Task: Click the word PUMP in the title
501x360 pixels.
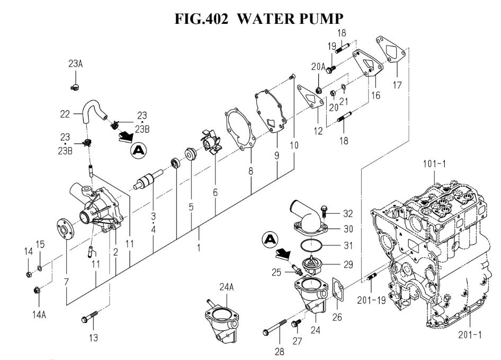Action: click(x=321, y=19)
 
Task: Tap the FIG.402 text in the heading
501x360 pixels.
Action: click(x=202, y=19)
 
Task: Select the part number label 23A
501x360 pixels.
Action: click(x=75, y=64)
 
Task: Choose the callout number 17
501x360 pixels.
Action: click(x=397, y=85)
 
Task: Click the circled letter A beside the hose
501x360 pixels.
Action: click(x=139, y=150)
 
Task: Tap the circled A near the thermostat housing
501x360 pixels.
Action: click(x=270, y=239)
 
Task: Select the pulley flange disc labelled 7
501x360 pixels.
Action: click(x=65, y=229)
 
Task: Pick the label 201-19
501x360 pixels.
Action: click(x=371, y=300)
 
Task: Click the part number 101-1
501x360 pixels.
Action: click(x=435, y=164)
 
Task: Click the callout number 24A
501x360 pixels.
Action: click(x=227, y=287)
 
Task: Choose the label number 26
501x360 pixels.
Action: click(x=337, y=317)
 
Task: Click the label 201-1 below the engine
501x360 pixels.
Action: click(x=470, y=335)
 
